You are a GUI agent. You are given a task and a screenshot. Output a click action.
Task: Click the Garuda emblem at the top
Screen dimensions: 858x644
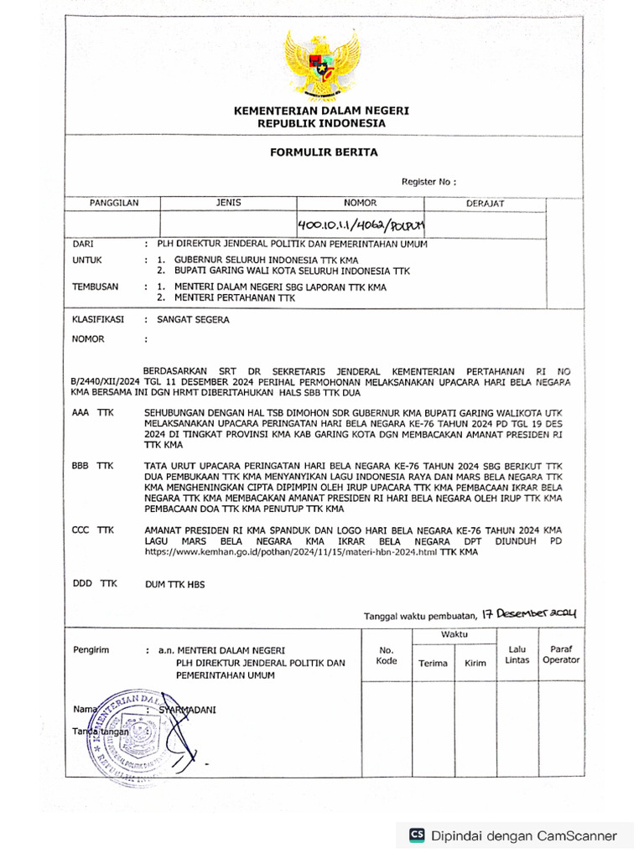pos(321,65)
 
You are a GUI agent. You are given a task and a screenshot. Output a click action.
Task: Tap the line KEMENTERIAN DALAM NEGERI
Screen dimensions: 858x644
pos(322,111)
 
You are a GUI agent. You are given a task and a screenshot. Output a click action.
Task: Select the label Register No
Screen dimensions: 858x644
pos(428,182)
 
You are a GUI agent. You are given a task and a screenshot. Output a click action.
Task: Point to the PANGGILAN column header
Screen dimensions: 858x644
pos(114,203)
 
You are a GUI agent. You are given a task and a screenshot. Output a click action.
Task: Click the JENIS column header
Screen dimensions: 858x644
pos(228,203)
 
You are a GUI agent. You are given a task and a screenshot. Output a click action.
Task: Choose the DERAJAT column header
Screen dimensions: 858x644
pos(485,204)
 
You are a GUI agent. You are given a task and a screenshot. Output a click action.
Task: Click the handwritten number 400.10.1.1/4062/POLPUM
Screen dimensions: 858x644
pos(361,225)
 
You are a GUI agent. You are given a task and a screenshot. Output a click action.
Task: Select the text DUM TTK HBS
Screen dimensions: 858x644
pos(174,584)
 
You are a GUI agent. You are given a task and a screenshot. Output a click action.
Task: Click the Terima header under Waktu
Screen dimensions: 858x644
pos(433,663)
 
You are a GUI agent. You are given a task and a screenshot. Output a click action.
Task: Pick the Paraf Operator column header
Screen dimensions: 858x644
pos(560,654)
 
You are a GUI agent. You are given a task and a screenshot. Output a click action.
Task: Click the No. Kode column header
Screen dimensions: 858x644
pos(386,655)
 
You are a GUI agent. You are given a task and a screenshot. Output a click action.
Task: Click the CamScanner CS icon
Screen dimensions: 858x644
pos(416,835)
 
